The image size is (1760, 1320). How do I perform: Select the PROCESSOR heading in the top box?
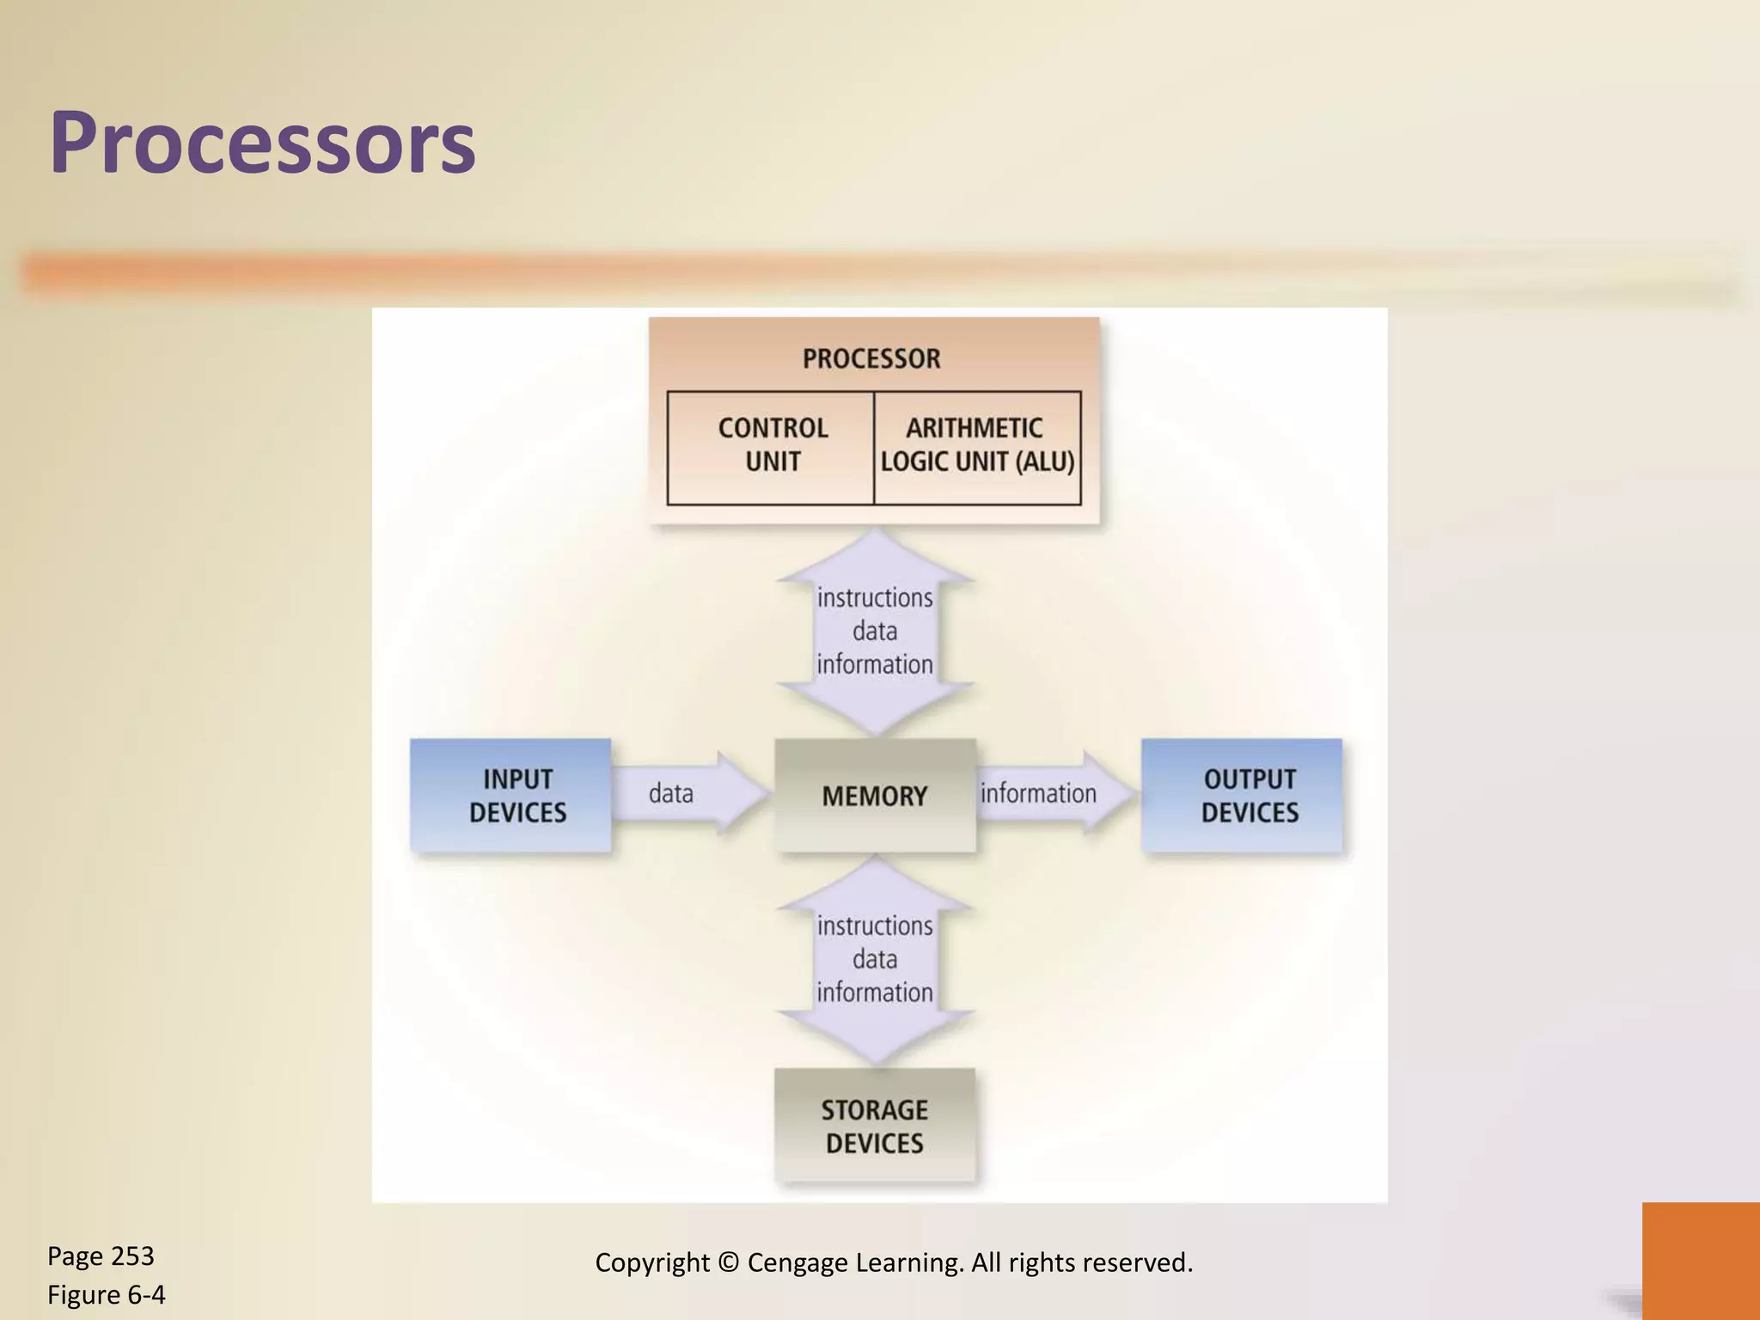[871, 358]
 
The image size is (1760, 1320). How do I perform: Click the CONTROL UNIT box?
[772, 446]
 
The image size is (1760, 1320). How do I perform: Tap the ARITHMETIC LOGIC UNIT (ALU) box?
[977, 446]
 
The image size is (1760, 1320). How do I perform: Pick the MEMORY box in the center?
[875, 796]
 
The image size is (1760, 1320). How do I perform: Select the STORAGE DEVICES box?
[875, 1127]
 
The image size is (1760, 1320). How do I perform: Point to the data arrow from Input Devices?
[687, 792]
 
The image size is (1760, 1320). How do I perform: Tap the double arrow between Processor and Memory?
[875, 632]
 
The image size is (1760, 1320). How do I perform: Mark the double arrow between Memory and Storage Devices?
[875, 960]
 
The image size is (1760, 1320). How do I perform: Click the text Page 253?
[101, 1256]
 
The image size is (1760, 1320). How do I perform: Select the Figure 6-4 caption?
[107, 1294]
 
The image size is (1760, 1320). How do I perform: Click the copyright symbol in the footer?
[728, 1262]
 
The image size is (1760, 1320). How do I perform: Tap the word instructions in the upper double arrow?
[875, 598]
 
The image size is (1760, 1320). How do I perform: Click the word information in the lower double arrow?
[875, 993]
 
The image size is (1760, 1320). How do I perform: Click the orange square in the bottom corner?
[1701, 1260]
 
